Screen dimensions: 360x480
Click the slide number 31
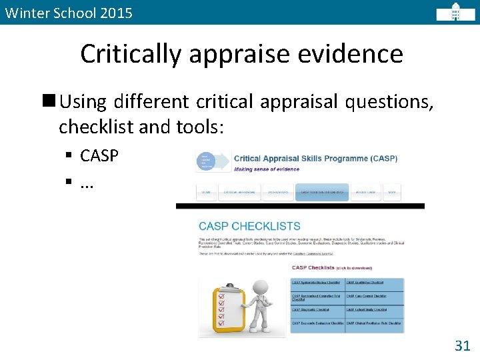click(462, 345)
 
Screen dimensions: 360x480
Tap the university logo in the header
click(455, 12)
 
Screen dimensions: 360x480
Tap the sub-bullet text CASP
click(99, 156)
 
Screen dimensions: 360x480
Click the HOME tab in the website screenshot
click(206, 193)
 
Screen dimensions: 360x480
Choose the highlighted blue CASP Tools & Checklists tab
click(322, 193)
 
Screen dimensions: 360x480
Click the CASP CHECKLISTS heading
click(249, 227)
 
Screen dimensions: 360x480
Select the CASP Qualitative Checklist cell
click(374, 283)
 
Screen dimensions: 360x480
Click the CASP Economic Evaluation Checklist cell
click(317, 323)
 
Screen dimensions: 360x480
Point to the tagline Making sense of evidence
click(267, 169)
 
